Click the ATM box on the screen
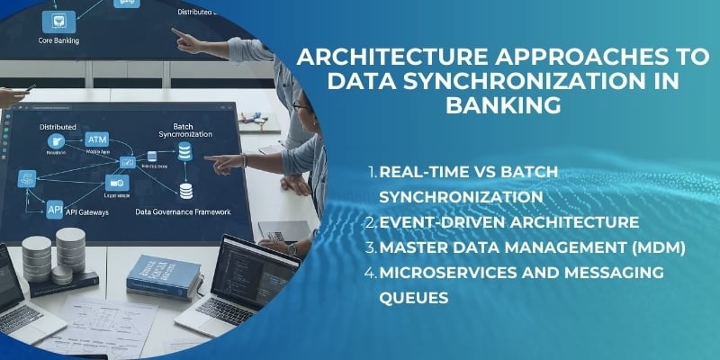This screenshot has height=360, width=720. tap(97, 139)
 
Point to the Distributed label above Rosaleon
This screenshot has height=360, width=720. tap(58, 127)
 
